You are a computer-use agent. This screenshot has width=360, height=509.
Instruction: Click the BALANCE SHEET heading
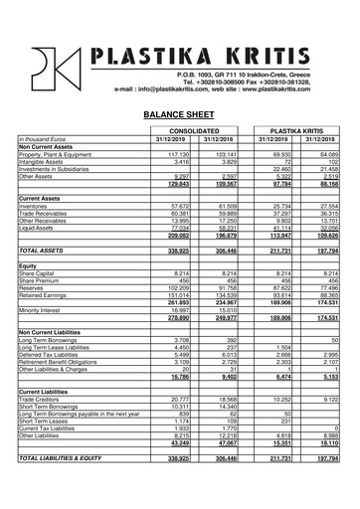(179, 115)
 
